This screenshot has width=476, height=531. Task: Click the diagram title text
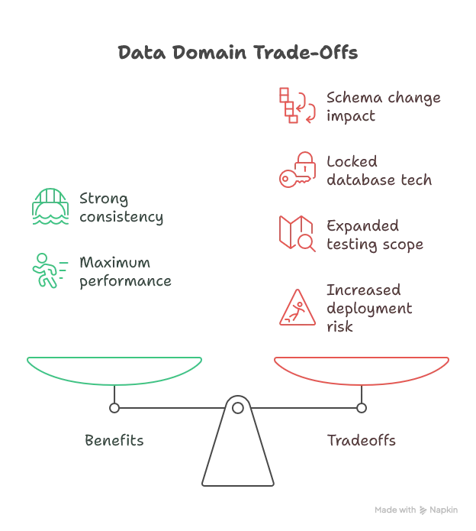pyautogui.click(x=237, y=53)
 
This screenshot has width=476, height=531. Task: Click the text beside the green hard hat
pyautogui.click(x=122, y=208)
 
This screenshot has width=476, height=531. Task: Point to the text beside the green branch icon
pyautogui.click(x=127, y=271)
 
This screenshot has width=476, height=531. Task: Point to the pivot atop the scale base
pyautogui.click(x=237, y=399)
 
